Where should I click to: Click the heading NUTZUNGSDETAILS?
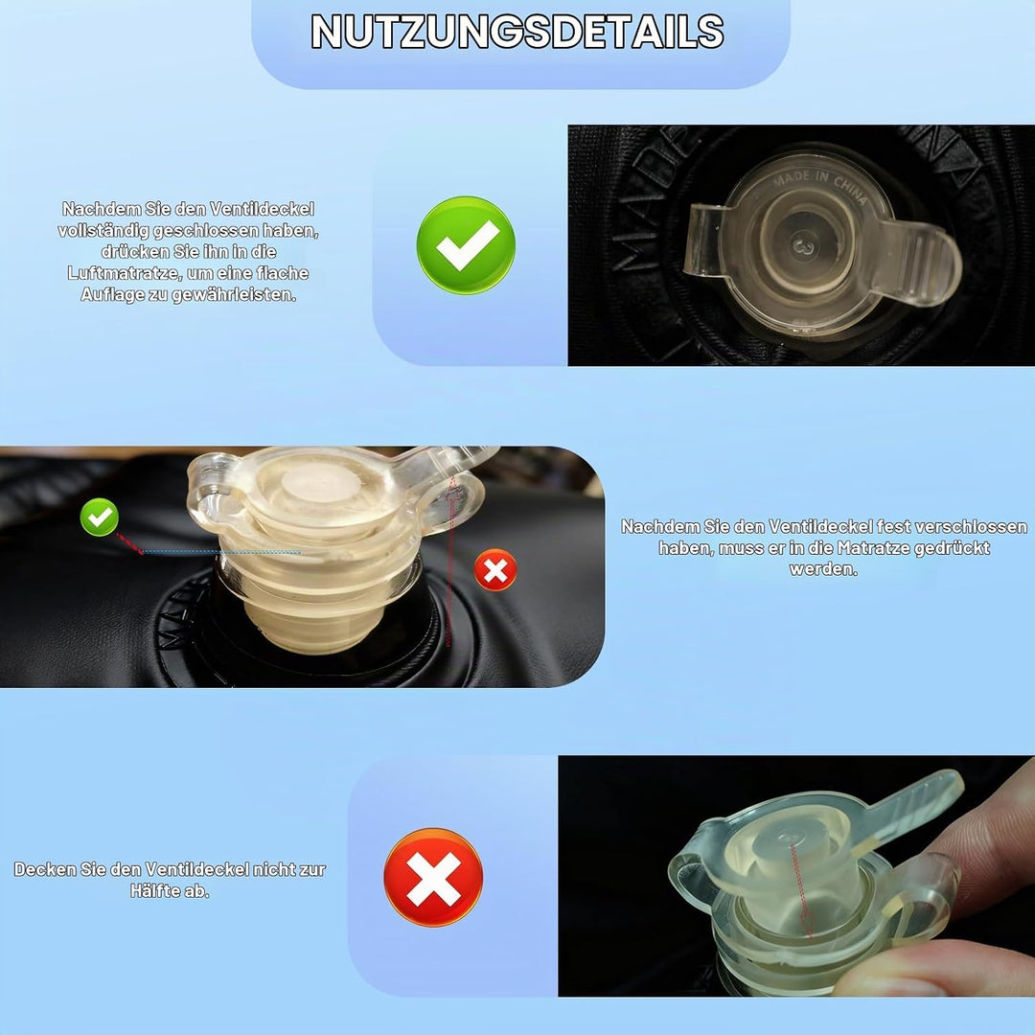point(517,31)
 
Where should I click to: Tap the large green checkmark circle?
point(466,245)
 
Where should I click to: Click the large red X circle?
point(433,877)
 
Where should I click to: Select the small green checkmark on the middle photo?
point(99,517)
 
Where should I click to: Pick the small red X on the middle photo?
point(495,569)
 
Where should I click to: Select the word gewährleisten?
point(234,295)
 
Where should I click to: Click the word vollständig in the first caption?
point(103,231)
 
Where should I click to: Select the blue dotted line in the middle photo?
point(221,552)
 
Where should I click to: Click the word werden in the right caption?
point(823,569)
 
